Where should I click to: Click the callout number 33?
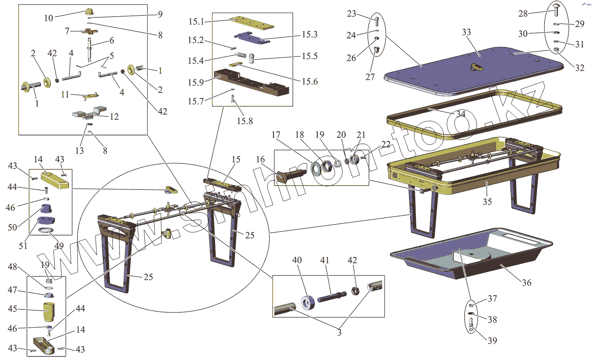point(466,32)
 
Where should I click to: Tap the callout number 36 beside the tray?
point(526,283)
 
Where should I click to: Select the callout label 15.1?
point(196,21)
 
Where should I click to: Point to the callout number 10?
point(49,18)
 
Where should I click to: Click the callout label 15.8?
point(245,121)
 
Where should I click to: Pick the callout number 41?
point(324,260)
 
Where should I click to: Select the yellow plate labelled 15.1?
point(251,22)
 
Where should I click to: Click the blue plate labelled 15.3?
point(250,38)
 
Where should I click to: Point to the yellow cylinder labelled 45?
point(48,312)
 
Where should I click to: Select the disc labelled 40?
point(307,303)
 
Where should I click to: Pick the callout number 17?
point(276,135)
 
